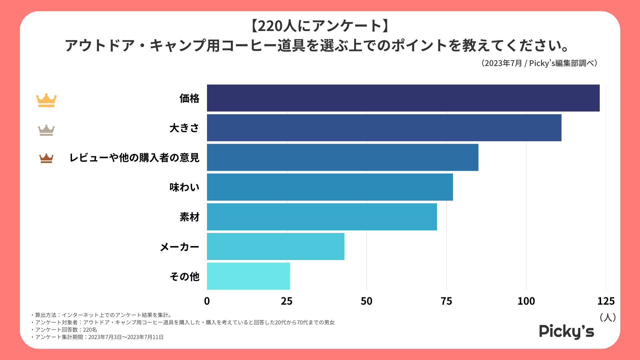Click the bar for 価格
pyautogui.click(x=403, y=98)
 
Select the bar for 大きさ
pyautogui.click(x=384, y=128)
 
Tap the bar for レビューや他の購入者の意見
pyautogui.click(x=342, y=157)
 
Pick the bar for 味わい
pyautogui.click(x=330, y=187)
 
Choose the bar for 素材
pyautogui.click(x=322, y=217)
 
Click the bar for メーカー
pyautogui.click(x=275, y=246)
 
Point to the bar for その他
pyautogui.click(x=248, y=276)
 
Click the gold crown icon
pyautogui.click(x=46, y=100)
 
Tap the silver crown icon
pyautogui.click(x=46, y=130)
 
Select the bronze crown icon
pyautogui.click(x=46, y=158)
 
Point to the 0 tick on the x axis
pyautogui.click(x=207, y=301)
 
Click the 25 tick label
pyautogui.click(x=287, y=301)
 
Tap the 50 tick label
pyautogui.click(x=366, y=301)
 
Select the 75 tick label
pyautogui.click(x=446, y=301)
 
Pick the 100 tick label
pyautogui.click(x=526, y=301)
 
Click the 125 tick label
pyautogui.click(x=606, y=301)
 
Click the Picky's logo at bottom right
pyautogui.click(x=566, y=331)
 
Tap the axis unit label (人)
pyautogui.click(x=608, y=317)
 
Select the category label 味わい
pyautogui.click(x=184, y=187)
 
